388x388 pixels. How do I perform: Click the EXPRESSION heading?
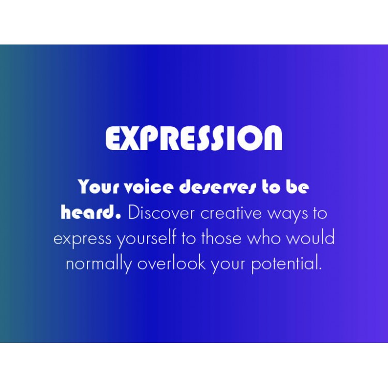[194, 138]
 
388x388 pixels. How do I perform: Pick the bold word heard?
[91, 212]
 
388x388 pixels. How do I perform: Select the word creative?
[231, 213]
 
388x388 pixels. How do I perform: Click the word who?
[264, 237]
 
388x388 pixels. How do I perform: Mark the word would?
[310, 237]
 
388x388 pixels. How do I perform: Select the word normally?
[99, 264]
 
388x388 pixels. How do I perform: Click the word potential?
[287, 264]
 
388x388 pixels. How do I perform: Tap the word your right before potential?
[228, 265]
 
